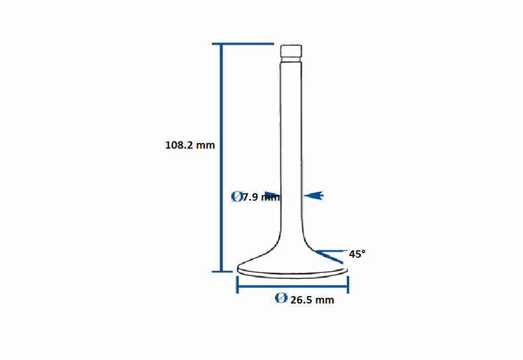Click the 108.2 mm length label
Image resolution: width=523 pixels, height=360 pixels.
[x=190, y=145]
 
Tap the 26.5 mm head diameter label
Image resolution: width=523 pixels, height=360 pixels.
[x=312, y=300]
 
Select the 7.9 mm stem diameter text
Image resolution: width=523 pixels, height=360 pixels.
[x=261, y=197]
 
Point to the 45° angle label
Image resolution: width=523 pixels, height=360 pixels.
[x=357, y=254]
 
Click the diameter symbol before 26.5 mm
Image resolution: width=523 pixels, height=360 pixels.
[x=281, y=298]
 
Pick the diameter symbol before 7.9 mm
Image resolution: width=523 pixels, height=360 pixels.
[x=237, y=197]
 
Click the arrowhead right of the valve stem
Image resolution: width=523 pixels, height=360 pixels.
[x=313, y=196]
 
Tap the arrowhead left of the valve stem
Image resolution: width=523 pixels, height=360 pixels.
[x=273, y=195]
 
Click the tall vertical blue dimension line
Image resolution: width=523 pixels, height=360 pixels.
[x=221, y=158]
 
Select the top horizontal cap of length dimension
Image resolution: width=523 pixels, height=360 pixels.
[x=243, y=44]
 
